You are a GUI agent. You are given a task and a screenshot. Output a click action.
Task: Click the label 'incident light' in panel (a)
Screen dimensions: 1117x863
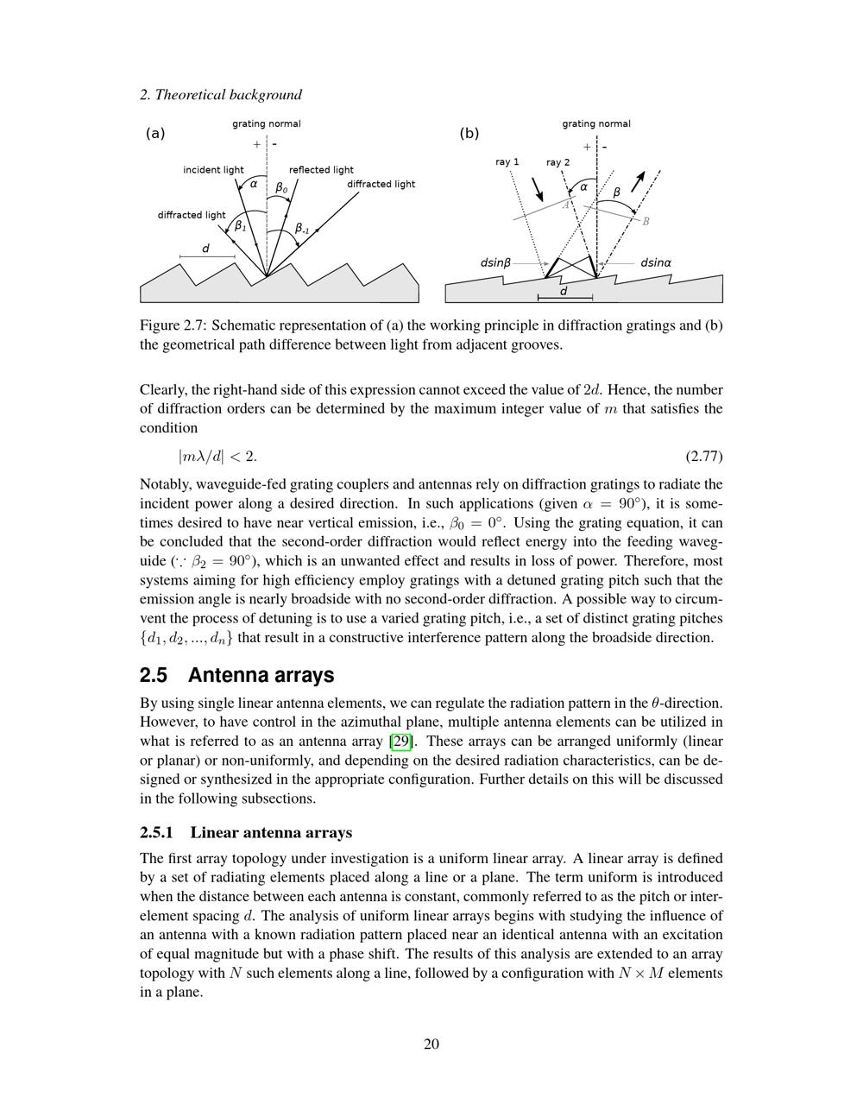tap(213, 170)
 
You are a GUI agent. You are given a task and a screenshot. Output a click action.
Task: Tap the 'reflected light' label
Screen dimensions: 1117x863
tap(321, 170)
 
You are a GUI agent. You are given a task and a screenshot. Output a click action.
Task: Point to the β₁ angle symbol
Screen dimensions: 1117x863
tap(241, 226)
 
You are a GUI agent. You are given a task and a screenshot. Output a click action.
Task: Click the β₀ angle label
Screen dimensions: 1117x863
tap(281, 187)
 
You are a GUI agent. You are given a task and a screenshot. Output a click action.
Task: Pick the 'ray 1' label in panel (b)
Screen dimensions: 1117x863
tap(507, 162)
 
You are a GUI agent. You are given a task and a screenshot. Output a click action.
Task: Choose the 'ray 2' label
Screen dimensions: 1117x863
tap(557, 162)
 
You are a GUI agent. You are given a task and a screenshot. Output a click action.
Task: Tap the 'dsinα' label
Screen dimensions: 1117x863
tap(656, 262)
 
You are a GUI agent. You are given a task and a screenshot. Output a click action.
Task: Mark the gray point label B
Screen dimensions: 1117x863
tap(646, 221)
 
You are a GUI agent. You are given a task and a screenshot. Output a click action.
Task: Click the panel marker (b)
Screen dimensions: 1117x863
tap(469, 133)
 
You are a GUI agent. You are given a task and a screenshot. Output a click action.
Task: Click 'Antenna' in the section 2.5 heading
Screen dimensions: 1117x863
tap(225, 675)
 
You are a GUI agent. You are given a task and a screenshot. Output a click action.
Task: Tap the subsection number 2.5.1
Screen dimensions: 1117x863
tap(156, 833)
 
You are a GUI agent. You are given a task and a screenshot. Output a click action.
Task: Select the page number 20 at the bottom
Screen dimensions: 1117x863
tap(431, 1044)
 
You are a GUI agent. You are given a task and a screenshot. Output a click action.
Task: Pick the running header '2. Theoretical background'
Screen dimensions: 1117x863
tap(221, 95)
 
